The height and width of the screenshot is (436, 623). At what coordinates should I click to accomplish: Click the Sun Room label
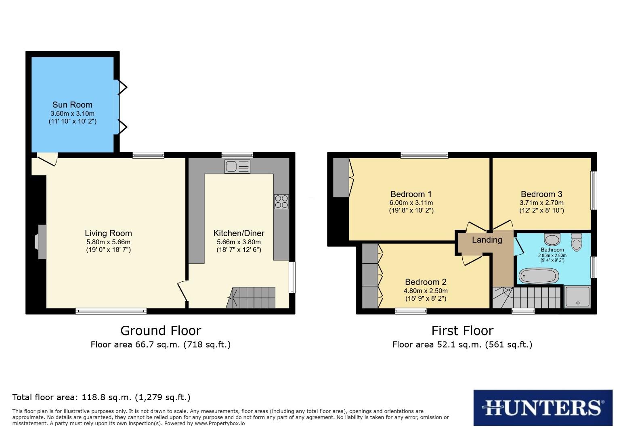click(x=72, y=105)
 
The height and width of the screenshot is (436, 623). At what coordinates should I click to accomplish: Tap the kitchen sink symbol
click(x=237, y=167)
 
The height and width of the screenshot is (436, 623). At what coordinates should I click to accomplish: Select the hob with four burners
click(x=281, y=201)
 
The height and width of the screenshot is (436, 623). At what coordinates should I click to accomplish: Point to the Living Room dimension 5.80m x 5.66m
click(x=108, y=242)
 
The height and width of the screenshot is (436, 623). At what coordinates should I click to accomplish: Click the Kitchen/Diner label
click(x=239, y=233)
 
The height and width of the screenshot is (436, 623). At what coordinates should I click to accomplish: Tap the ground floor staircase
click(x=252, y=298)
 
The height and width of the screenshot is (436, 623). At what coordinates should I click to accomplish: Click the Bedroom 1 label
click(x=411, y=194)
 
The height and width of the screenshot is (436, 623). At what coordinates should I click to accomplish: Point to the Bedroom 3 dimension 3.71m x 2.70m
click(x=541, y=203)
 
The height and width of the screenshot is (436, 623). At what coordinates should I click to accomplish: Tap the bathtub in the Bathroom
click(x=539, y=276)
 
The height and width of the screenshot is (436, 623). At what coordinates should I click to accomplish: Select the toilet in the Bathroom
click(x=576, y=242)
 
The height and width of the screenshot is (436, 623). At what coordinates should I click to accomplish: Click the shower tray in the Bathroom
click(x=577, y=297)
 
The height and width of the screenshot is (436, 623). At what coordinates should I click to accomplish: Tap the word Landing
click(x=487, y=240)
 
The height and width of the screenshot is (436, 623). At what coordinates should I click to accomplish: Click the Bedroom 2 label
click(x=426, y=282)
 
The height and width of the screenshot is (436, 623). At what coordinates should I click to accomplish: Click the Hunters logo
click(x=543, y=408)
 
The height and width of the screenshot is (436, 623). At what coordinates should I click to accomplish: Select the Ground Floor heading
click(x=161, y=331)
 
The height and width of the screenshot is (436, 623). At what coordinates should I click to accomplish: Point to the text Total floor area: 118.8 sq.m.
click(x=101, y=397)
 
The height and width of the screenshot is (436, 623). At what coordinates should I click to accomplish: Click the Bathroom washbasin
click(x=551, y=239)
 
